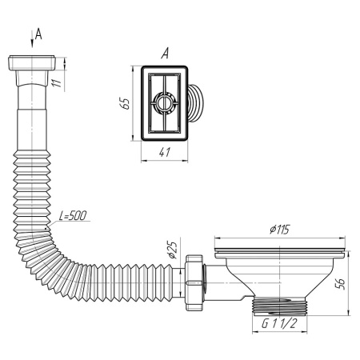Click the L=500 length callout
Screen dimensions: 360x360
(x=73, y=216)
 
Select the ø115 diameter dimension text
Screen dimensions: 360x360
(x=279, y=230)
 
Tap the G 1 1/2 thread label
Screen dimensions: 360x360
(x=279, y=324)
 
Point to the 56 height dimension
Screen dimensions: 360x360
(x=340, y=284)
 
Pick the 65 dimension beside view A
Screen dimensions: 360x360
(x=124, y=103)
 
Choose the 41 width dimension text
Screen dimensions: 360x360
(x=165, y=152)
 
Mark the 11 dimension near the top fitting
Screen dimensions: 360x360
(x=57, y=82)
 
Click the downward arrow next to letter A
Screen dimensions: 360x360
(x=32, y=39)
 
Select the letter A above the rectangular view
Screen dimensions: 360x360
(x=165, y=54)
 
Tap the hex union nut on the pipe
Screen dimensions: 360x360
(x=194, y=282)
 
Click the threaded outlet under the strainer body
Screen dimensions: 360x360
(x=279, y=306)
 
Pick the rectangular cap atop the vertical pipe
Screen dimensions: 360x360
(x=32, y=63)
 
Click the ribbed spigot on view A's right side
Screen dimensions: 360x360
(x=196, y=103)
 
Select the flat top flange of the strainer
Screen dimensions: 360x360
(x=279, y=254)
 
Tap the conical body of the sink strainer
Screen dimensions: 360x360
(x=279, y=278)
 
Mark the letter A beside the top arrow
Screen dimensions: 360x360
(x=39, y=34)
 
